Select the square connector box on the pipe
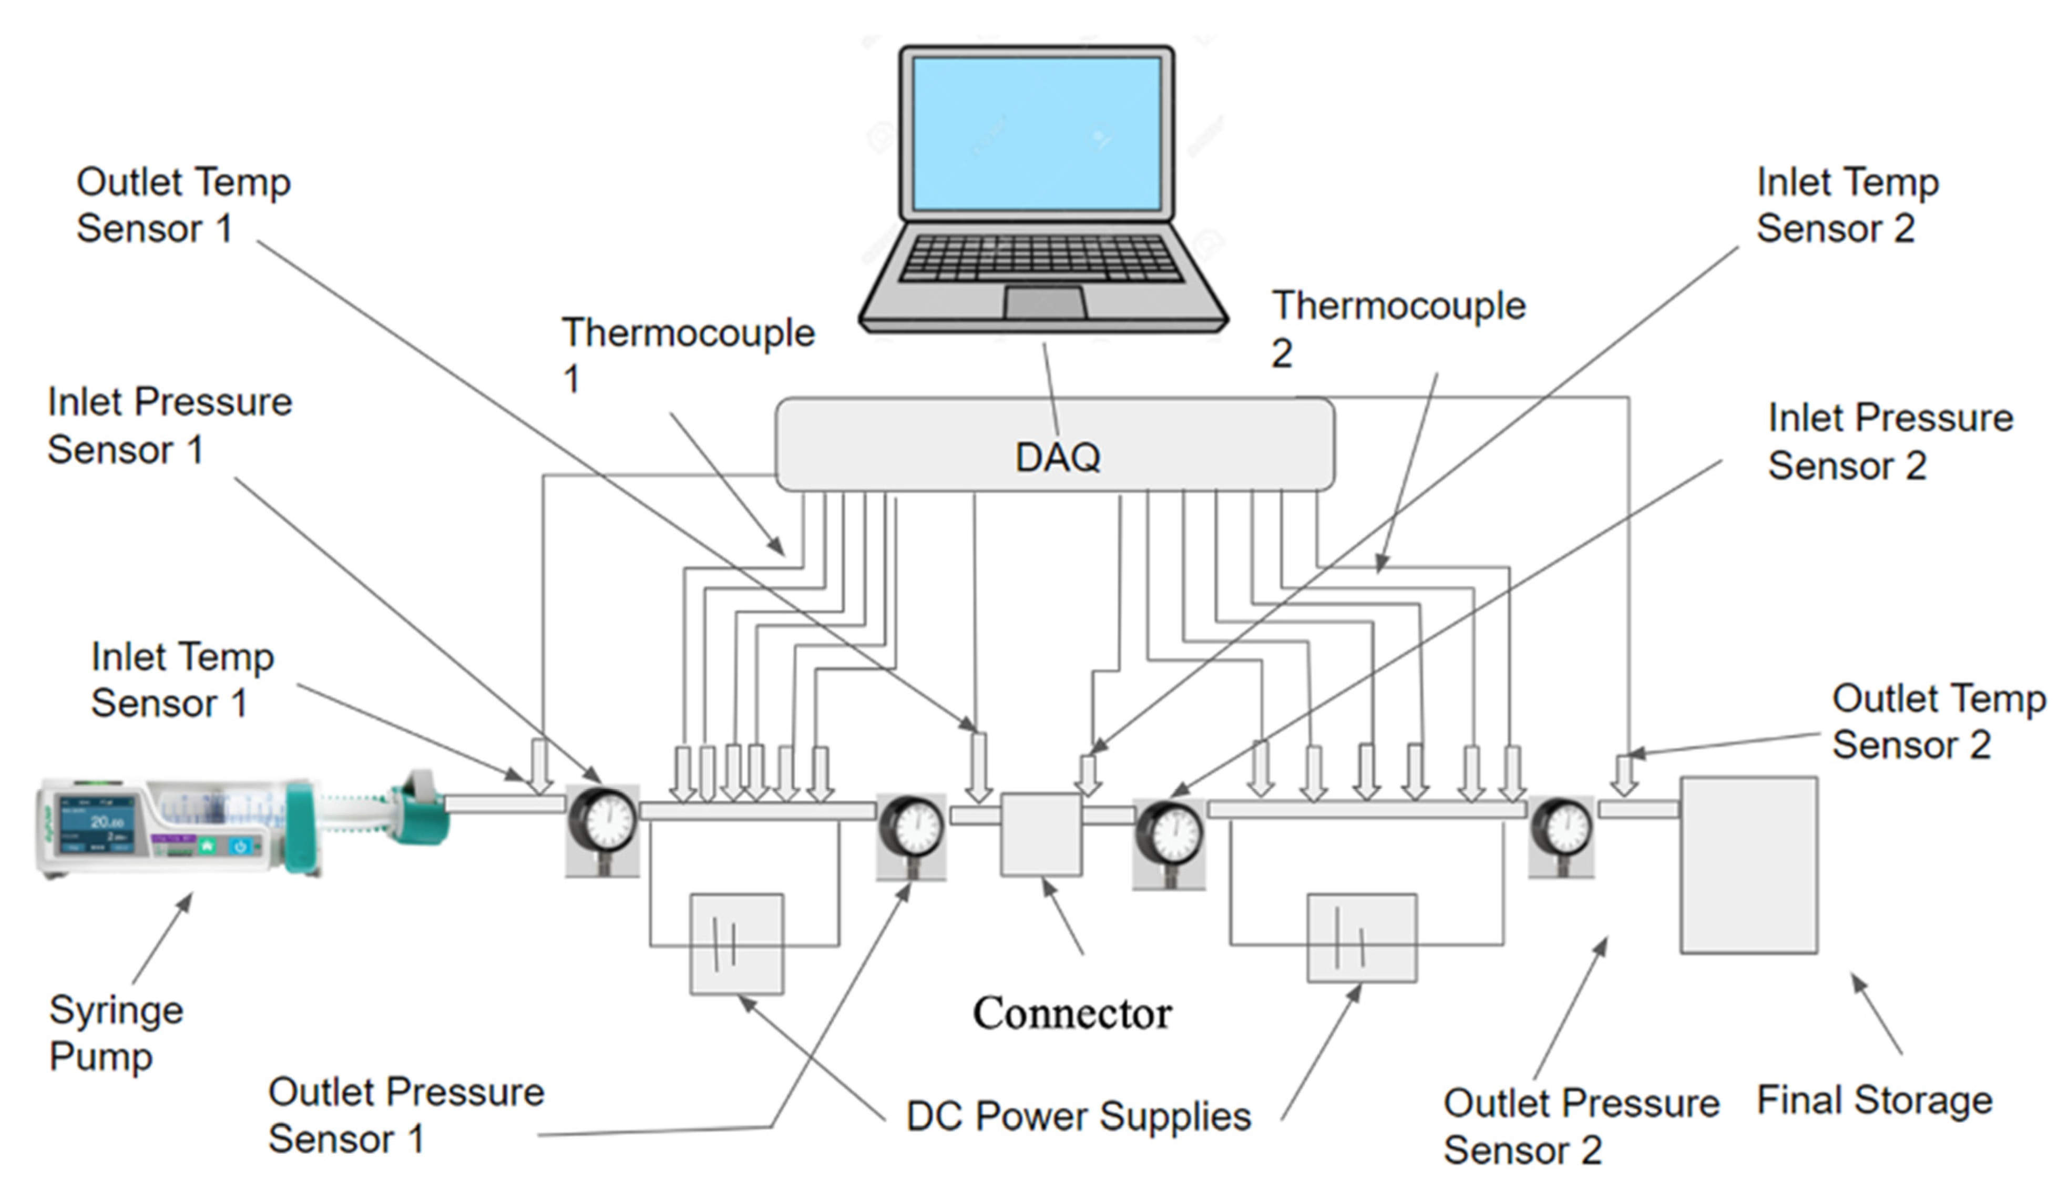click(1041, 834)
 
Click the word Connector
click(1071, 1013)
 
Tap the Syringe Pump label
click(114, 1033)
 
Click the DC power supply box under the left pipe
click(736, 943)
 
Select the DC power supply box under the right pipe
click(1361, 938)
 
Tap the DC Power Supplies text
click(1078, 1116)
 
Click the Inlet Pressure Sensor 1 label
click(169, 425)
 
